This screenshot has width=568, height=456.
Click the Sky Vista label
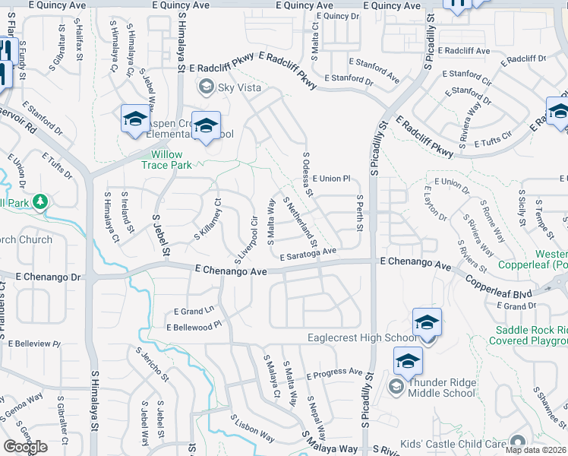click(x=239, y=88)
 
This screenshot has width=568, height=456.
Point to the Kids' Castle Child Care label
click(x=463, y=443)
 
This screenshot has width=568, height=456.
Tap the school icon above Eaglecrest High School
click(x=427, y=323)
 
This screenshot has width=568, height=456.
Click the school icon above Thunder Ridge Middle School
click(x=408, y=361)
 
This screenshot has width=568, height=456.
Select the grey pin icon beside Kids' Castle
click(x=519, y=442)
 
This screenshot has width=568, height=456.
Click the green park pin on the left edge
click(x=40, y=202)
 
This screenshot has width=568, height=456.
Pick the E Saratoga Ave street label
click(x=308, y=255)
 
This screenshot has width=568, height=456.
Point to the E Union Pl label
click(x=330, y=179)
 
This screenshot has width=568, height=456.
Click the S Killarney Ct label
click(x=207, y=220)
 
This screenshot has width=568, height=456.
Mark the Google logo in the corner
click(x=26, y=447)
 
